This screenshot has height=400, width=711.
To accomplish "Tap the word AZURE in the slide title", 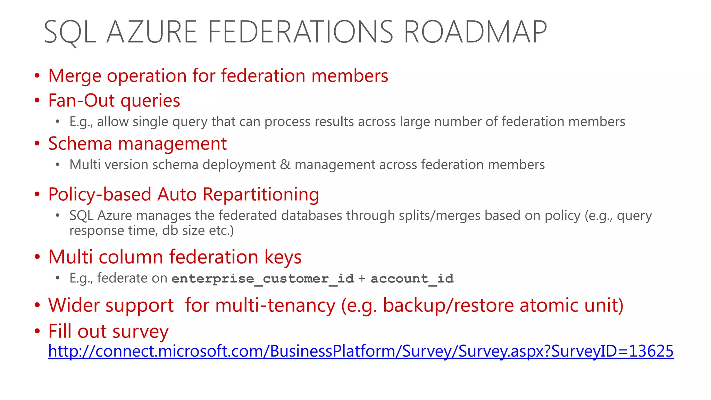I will (x=152, y=32).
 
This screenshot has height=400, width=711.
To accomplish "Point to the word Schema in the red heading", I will (x=80, y=144).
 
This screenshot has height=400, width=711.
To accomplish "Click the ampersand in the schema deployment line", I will (x=285, y=165).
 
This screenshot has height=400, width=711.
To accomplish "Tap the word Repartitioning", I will (x=261, y=194).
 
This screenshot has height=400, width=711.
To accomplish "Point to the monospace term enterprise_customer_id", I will (x=262, y=278).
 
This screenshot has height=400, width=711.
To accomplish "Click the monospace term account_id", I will (x=412, y=278).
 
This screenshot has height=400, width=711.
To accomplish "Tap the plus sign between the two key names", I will (x=362, y=278).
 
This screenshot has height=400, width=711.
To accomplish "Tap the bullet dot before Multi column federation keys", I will (x=37, y=257).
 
